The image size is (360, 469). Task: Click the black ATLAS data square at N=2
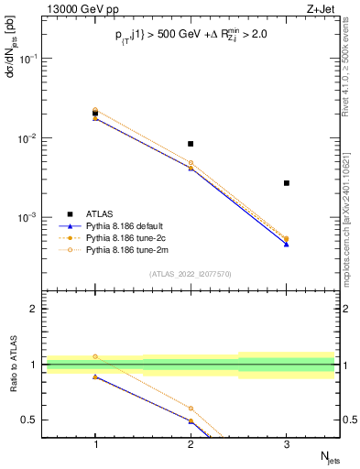pos(191,144)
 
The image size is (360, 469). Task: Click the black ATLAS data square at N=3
pos(287,183)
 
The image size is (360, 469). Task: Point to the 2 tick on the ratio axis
pos(37,310)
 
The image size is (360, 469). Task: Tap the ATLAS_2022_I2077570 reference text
pos(191,274)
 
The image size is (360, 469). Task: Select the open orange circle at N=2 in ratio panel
pos(191,409)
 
